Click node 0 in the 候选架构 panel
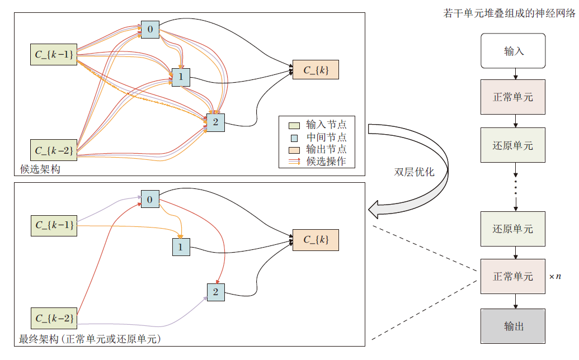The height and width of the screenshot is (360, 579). tap(150, 29)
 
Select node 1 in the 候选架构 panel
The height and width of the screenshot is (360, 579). tap(181, 77)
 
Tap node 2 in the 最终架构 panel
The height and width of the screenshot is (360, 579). tap(215, 292)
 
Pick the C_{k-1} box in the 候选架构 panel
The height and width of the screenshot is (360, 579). tap(53, 54)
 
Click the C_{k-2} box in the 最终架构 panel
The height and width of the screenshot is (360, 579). tap(53, 318)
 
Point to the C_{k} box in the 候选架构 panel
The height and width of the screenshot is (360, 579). tap(316, 70)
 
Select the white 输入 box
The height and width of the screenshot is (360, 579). tap(513, 51)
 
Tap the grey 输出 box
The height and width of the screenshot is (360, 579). tap(513, 325)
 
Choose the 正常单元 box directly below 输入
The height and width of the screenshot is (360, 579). tap(513, 97)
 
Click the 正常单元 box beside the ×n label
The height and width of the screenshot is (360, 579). tap(513, 276)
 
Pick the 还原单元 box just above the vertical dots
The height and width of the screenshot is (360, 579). tap(513, 146)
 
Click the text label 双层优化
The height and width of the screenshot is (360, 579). tap(414, 172)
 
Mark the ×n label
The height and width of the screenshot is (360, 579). tap(554, 277)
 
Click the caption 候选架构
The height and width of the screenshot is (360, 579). tap(40, 169)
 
